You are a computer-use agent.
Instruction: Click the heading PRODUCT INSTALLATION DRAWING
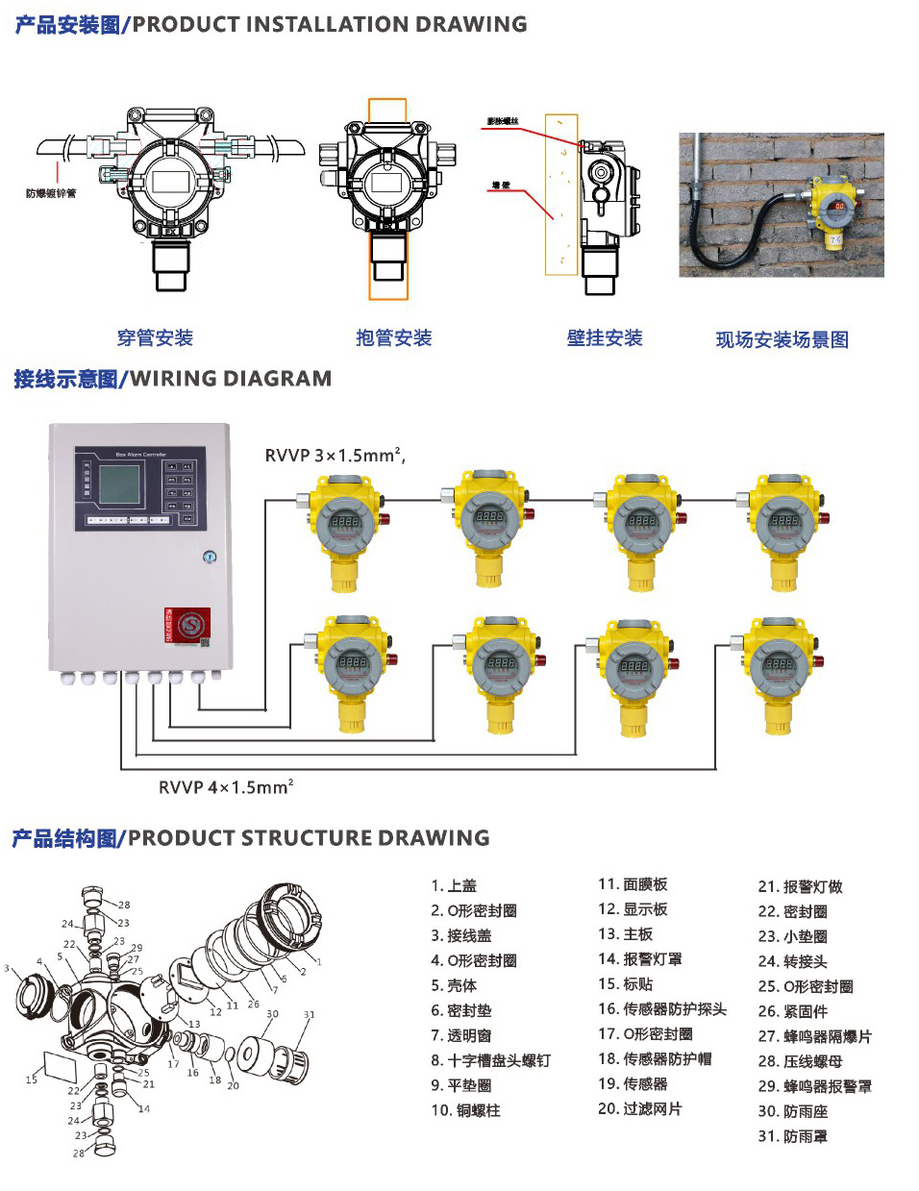(329, 25)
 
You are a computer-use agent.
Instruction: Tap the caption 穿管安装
(155, 337)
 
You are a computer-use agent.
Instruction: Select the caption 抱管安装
(393, 337)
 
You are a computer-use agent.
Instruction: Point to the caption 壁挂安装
(604, 337)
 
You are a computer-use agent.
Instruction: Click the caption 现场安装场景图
(782, 339)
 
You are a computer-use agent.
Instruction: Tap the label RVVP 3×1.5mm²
(335, 456)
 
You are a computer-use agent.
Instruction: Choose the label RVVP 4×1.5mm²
(226, 787)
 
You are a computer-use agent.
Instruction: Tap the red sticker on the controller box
(186, 627)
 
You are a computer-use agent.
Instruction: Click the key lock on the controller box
(210, 557)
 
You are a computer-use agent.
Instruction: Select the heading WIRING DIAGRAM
(231, 379)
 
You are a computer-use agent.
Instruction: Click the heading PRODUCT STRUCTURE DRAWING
(309, 838)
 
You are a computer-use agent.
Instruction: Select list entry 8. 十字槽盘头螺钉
(490, 1060)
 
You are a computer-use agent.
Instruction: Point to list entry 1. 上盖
(454, 885)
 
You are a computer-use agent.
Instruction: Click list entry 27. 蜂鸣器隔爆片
(814, 1036)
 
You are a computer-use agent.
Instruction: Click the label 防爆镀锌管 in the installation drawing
(51, 193)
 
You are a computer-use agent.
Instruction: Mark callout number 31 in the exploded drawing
(309, 1014)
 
